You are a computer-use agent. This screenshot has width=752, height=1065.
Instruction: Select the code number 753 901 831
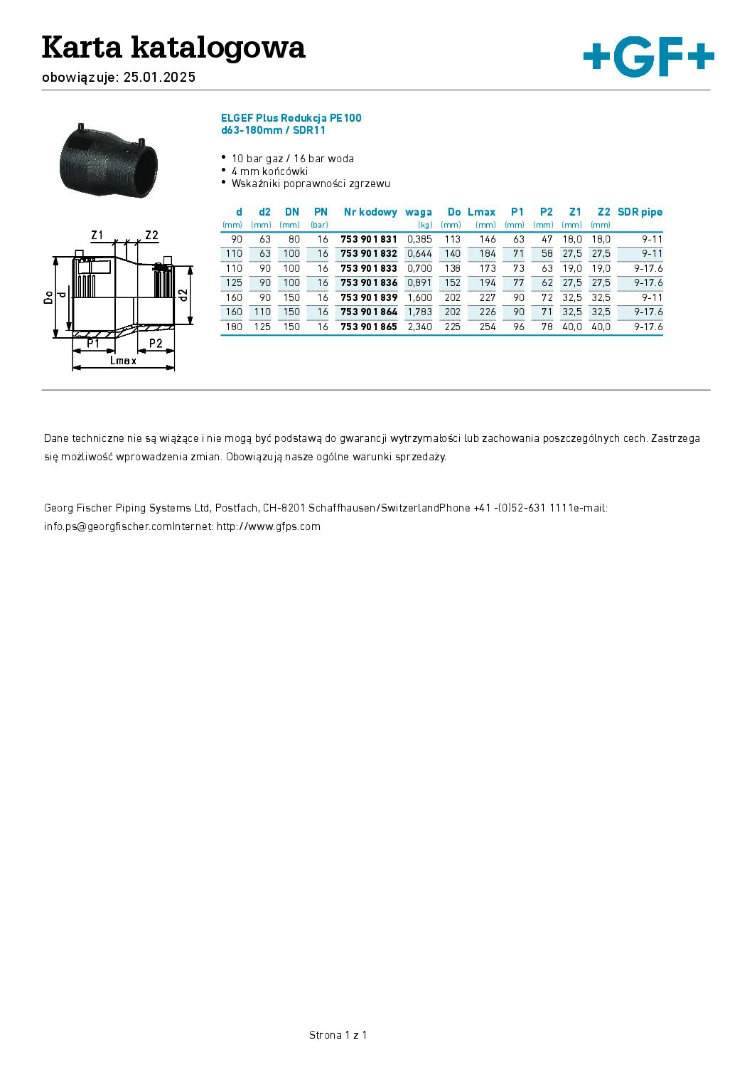coord(369,239)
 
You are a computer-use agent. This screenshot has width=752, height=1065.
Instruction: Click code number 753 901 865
coord(369,327)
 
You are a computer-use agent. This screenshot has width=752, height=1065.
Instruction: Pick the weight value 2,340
coord(419,327)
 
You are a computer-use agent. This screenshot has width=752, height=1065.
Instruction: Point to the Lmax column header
coord(481,212)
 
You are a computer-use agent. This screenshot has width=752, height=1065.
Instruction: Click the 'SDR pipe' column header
coord(640,212)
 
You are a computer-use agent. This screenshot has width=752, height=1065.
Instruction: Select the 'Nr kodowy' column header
coord(370,212)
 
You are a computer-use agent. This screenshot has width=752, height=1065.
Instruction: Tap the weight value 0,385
coord(419,239)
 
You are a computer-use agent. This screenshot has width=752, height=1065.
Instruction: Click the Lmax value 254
coord(488,327)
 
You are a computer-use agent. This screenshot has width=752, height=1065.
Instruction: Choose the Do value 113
coord(452,239)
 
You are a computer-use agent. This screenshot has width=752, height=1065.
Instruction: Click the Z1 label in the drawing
coord(97,235)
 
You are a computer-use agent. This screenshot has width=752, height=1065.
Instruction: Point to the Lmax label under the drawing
coord(124,361)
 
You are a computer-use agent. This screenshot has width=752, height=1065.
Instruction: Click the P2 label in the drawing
coord(156,344)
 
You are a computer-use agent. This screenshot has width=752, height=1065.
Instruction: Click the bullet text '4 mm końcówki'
coord(269,171)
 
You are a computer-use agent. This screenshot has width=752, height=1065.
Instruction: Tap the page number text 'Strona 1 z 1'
coord(338,1034)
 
